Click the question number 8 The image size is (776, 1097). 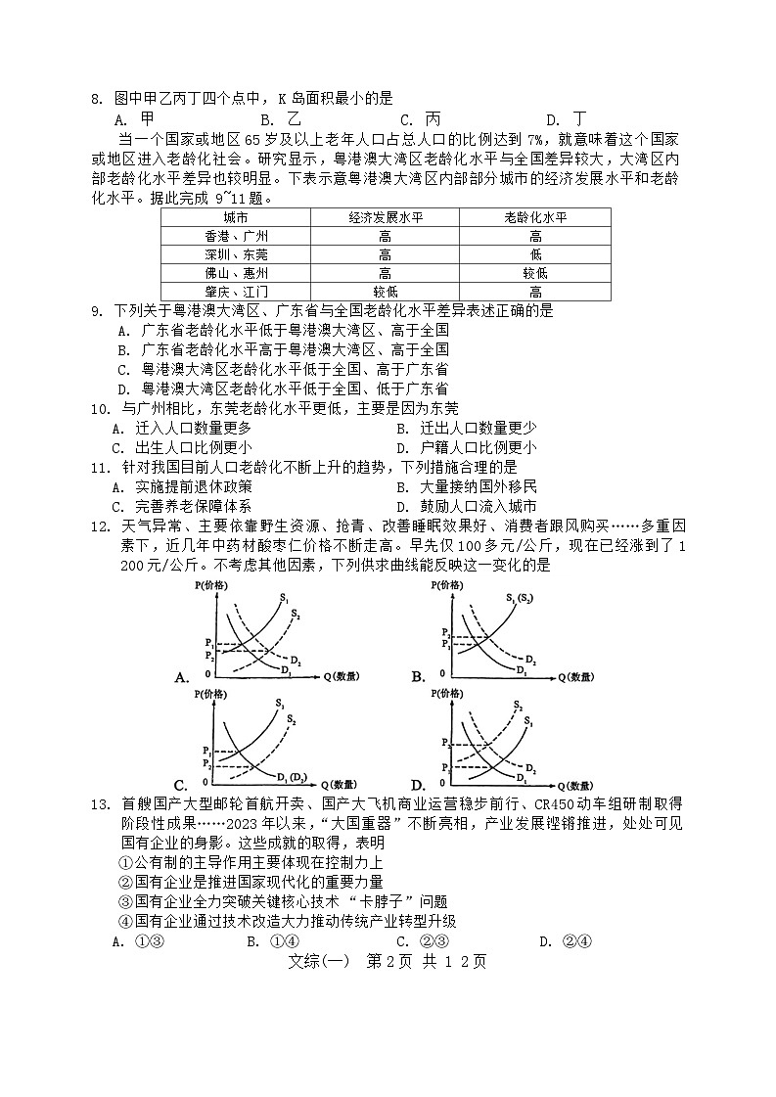tap(96, 98)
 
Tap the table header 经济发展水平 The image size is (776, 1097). tap(385, 217)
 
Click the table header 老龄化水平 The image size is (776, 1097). tap(535, 217)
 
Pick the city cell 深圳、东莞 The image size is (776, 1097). tap(236, 254)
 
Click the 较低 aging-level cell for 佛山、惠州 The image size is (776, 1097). tap(535, 273)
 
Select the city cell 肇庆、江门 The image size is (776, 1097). tap(236, 292)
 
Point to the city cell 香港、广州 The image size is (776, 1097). tap(236, 236)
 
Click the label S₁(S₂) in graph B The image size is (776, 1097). tap(519, 598)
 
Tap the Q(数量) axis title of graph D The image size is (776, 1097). tap(573, 785)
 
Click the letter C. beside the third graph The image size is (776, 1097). tap(181, 785)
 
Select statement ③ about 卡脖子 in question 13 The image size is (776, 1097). tap(282, 901)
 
